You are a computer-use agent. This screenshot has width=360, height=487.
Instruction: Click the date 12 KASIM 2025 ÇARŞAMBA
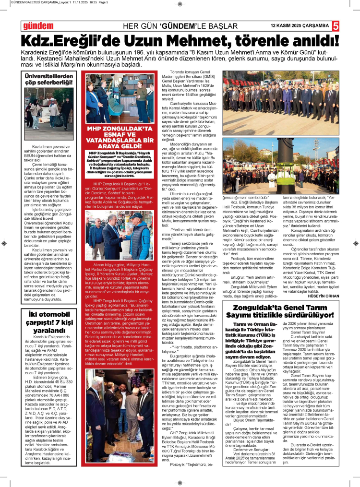300,25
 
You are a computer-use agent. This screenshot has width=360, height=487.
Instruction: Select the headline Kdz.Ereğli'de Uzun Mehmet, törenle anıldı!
180,40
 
